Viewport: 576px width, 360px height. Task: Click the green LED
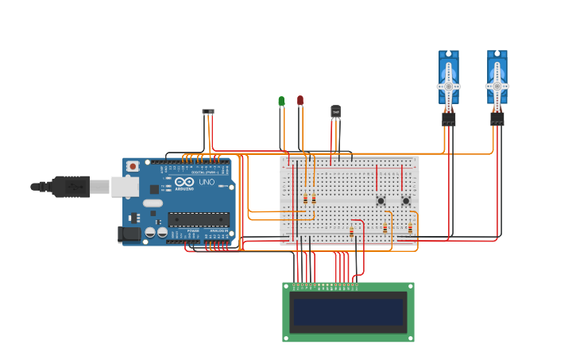tap(281, 102)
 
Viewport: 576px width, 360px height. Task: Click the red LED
tap(300, 100)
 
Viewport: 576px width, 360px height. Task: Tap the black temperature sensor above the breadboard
tap(335, 112)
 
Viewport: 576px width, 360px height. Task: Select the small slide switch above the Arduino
tap(208, 111)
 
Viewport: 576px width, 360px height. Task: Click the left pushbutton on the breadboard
tap(381, 201)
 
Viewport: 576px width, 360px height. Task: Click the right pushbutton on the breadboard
tap(406, 201)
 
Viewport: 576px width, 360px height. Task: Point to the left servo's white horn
tap(449, 86)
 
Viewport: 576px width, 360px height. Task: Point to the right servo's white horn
tap(497, 86)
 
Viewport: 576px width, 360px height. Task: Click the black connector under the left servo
tap(449, 118)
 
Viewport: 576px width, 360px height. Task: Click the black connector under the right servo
tap(497, 118)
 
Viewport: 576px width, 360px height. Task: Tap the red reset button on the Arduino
tap(133, 166)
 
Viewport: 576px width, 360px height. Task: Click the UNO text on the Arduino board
tap(207, 182)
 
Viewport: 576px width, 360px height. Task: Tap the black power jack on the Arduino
tap(129, 234)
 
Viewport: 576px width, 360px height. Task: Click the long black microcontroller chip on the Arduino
tap(198, 219)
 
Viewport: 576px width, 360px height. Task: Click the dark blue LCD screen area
tap(348, 312)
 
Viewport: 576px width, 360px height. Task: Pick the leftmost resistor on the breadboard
tap(305, 199)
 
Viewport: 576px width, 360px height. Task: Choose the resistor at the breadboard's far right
tap(410, 228)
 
